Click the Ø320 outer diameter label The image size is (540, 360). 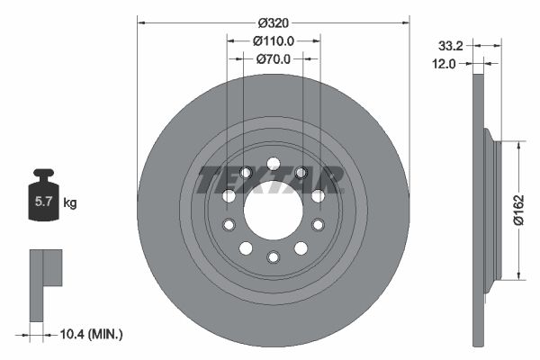273,21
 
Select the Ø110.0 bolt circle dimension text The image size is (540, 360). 273,40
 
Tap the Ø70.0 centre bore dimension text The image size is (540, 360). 273,59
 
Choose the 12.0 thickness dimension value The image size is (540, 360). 445,63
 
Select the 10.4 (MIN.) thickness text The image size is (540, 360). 89,334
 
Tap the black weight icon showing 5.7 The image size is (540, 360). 43,201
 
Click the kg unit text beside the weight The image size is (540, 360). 70,203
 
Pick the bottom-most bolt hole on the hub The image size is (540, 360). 273,258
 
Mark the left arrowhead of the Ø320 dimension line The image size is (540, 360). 141,21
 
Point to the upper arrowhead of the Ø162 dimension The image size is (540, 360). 519,144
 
